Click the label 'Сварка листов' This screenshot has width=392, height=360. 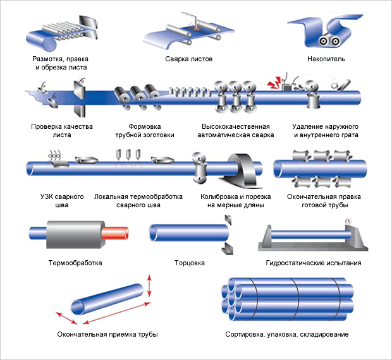pyautogui.click(x=189, y=59)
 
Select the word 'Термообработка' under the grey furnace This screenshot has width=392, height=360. pyautogui.click(x=75, y=262)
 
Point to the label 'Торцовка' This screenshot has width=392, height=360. pyautogui.click(x=189, y=262)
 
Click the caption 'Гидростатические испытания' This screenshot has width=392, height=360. pyautogui.click(x=314, y=262)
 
